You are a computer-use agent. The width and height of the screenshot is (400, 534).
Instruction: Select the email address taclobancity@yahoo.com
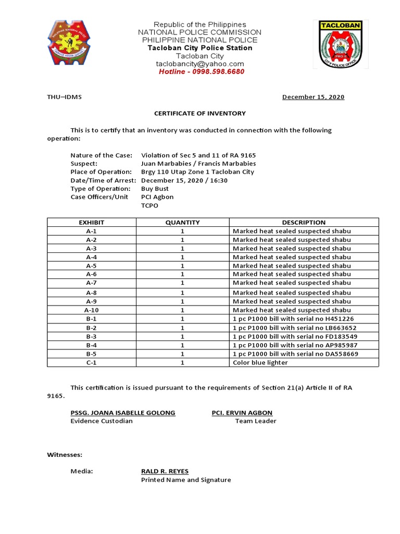tap(200, 64)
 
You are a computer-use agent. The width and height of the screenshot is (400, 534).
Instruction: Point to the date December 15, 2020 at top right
tap(313, 97)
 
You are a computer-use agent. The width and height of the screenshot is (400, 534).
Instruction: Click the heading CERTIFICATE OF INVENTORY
tap(199, 113)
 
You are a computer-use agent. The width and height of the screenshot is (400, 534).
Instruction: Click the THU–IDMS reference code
tap(65, 97)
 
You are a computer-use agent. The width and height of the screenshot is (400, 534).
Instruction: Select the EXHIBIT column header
tap(92, 222)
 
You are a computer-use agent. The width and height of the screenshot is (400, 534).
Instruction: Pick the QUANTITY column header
tap(182, 222)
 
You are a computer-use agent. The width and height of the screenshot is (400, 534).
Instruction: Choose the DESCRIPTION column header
tap(304, 222)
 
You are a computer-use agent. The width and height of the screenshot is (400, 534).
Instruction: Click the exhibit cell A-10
tap(92, 310)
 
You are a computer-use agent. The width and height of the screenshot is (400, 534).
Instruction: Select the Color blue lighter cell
tap(260, 362)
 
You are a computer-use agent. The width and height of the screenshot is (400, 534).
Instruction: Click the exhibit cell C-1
tap(92, 362)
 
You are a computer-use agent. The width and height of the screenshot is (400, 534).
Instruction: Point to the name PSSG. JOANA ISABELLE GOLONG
tap(123, 412)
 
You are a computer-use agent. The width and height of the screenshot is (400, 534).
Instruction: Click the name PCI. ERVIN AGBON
tap(242, 412)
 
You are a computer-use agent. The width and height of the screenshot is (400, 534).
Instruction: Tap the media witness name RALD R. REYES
tap(165, 471)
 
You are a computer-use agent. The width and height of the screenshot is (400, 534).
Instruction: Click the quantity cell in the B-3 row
tap(182, 336)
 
